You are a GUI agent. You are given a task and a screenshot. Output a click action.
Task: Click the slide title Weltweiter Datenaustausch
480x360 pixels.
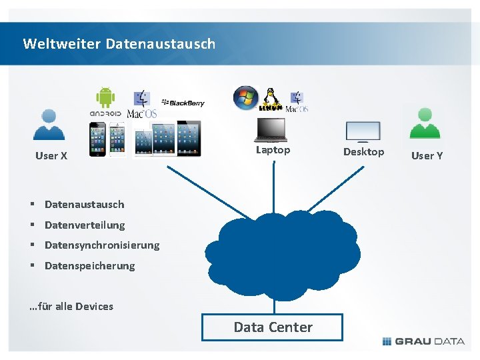click(x=119, y=44)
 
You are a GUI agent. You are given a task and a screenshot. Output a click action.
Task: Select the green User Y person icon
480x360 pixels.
click(x=425, y=124)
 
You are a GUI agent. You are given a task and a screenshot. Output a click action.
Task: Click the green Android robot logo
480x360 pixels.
click(x=105, y=97)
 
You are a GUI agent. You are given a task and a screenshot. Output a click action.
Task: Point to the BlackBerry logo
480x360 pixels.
click(x=183, y=103)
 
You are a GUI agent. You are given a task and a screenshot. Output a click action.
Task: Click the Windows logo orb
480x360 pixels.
click(x=245, y=98)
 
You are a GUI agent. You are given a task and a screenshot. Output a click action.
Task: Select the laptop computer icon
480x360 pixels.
click(x=271, y=129)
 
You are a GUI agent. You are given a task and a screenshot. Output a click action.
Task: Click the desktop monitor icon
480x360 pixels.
click(x=363, y=131)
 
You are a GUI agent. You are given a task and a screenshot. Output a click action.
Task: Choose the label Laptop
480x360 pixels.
click(x=273, y=150)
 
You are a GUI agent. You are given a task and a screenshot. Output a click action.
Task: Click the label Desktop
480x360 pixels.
click(x=363, y=152)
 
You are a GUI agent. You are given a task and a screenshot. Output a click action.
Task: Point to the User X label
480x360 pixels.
click(x=51, y=156)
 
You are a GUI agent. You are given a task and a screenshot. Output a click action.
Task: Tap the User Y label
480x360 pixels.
click(x=427, y=156)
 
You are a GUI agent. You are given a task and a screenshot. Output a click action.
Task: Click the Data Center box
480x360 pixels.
click(x=273, y=327)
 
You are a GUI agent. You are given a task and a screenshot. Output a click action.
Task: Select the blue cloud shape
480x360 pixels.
click(x=283, y=253)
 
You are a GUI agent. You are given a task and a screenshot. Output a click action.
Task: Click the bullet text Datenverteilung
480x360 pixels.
click(x=85, y=225)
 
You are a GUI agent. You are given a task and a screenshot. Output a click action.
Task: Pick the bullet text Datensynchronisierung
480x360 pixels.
click(x=102, y=245)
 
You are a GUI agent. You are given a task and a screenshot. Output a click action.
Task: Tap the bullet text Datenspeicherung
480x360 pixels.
click(x=89, y=266)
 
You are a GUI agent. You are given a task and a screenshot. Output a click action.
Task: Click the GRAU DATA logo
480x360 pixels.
click(x=423, y=341)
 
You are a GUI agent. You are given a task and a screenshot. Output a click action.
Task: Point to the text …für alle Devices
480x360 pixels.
click(x=71, y=307)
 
